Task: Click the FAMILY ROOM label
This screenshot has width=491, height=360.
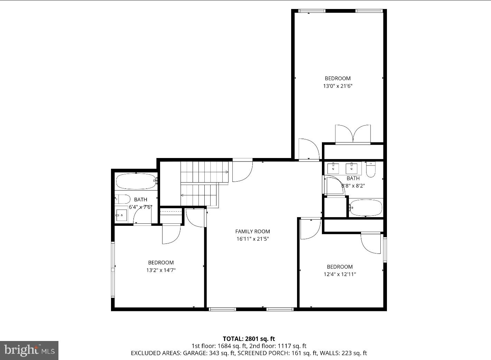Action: click(252, 231)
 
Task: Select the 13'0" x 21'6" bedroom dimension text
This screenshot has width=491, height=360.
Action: click(337, 86)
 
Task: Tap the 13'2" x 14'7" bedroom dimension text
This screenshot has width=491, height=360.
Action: click(161, 270)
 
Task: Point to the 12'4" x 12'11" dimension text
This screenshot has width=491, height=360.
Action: click(340, 274)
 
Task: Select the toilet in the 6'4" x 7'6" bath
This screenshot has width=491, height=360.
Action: click(122, 199)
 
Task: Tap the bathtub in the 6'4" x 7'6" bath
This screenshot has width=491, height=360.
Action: click(136, 181)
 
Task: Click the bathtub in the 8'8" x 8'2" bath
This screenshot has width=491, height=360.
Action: click(366, 207)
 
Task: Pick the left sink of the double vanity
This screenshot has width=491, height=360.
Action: click(333, 168)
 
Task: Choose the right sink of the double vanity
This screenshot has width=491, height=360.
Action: click(352, 168)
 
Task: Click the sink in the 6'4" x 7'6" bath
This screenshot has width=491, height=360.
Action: click(121, 215)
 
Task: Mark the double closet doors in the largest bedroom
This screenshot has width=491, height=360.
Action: click(353, 134)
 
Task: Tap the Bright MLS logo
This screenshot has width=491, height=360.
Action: click(29, 350)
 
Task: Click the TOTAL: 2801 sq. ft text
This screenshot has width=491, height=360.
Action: click(249, 339)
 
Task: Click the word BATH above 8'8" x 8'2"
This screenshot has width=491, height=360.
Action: click(353, 178)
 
